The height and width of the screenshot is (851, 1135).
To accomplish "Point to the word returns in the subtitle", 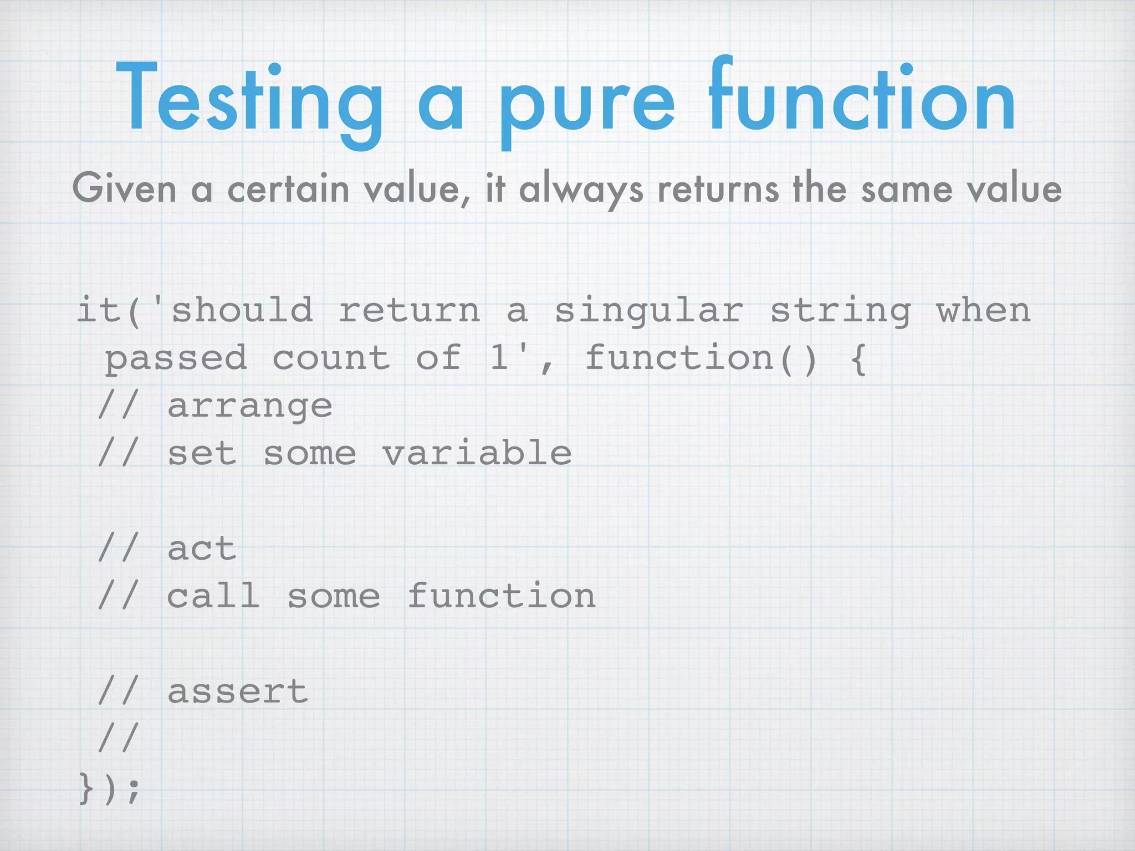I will point(718,188).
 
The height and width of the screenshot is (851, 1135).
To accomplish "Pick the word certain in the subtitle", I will point(288,188).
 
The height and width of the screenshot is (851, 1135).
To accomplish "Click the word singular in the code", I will point(648,310).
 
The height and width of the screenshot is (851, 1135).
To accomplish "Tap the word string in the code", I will point(840,310).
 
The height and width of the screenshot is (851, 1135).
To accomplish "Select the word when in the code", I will point(983,310).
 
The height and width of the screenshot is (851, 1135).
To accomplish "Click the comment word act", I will point(202,549).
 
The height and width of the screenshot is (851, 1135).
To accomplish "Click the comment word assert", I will point(237,692).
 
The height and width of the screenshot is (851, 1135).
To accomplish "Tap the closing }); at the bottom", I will point(109,788).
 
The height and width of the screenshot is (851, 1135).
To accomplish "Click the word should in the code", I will point(242,310).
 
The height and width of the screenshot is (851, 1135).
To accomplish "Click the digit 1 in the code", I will point(499,357).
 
